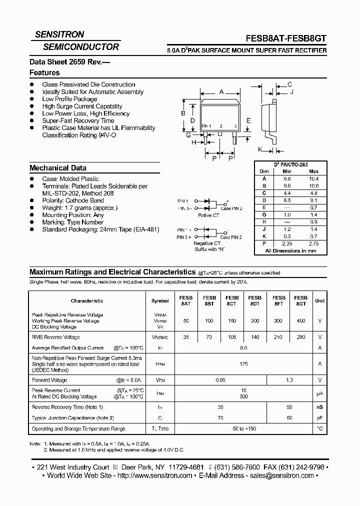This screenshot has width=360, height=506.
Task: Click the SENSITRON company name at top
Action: point(59,34)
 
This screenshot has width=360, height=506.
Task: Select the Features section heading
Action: point(44,73)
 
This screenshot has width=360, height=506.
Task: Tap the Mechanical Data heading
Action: point(58,168)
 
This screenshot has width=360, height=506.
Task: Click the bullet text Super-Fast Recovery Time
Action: point(78,120)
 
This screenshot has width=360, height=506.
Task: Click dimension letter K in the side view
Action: point(260,149)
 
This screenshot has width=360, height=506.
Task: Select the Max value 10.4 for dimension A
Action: point(313,178)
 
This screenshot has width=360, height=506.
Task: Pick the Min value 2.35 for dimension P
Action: point(287,243)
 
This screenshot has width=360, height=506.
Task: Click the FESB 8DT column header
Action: point(255,300)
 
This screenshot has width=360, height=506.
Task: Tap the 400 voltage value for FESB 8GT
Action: point(301,320)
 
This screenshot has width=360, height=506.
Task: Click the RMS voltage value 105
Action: point(232,337)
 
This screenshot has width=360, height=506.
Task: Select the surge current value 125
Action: point(243,364)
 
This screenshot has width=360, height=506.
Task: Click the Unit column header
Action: point(319,300)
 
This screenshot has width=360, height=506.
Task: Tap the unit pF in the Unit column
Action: point(319,417)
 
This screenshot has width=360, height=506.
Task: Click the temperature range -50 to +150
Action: point(243,428)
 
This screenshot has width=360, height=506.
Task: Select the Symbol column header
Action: point(160,301)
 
